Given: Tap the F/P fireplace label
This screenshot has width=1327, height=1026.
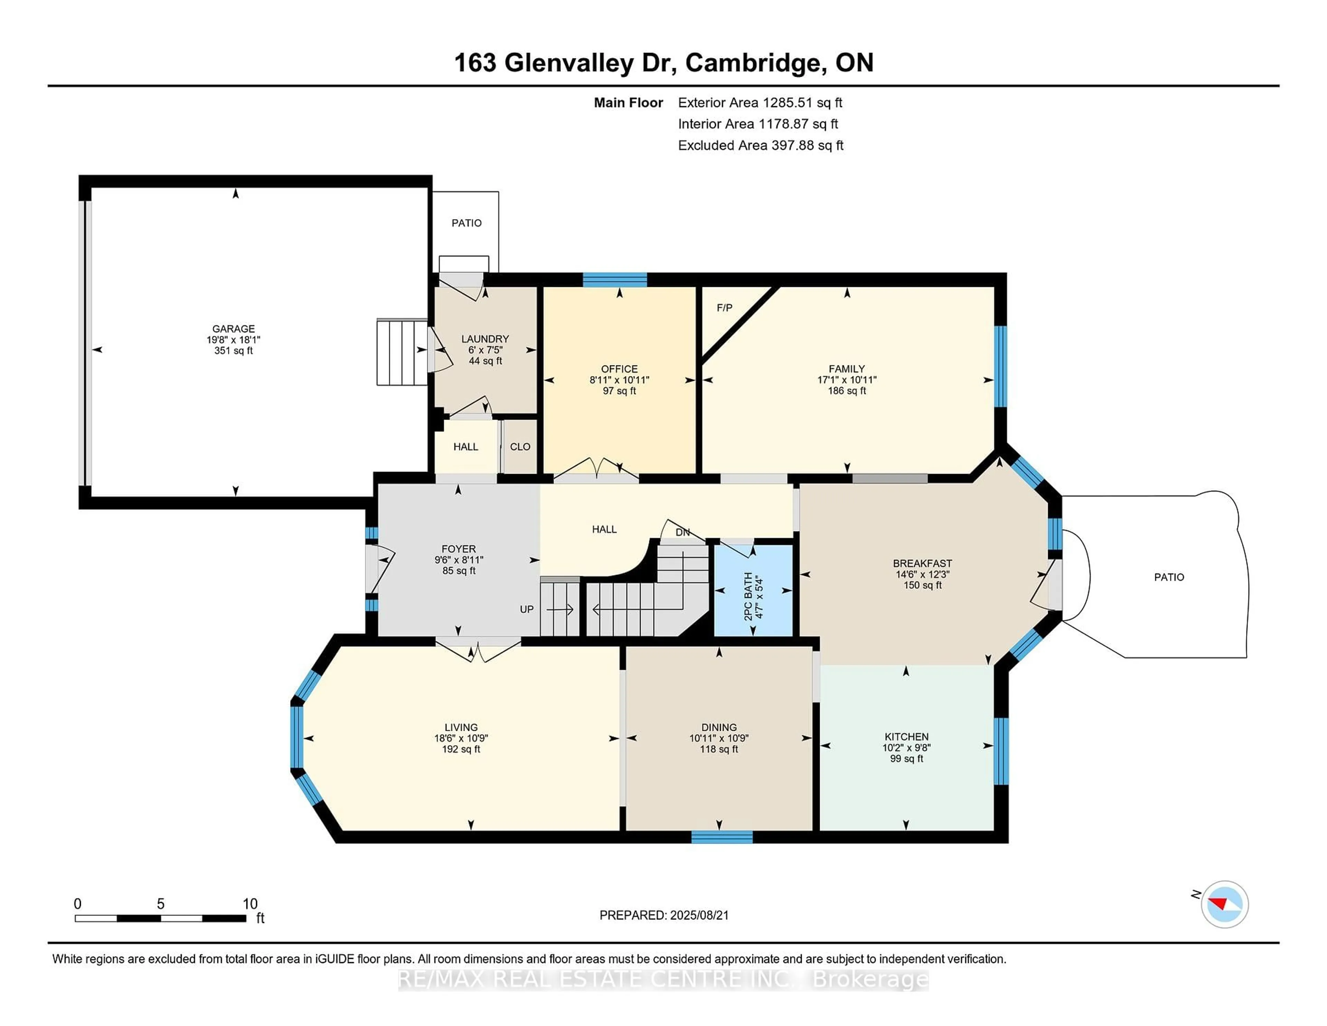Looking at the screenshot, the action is tap(724, 308).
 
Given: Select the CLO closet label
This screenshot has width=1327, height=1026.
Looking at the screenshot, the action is tap(520, 447).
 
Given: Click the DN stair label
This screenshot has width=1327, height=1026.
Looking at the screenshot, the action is tap(683, 532).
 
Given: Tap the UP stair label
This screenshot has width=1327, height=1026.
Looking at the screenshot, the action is tap(527, 609).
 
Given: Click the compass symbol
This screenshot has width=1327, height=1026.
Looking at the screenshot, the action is tap(1224, 904).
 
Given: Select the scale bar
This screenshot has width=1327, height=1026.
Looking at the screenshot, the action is tap(160, 918).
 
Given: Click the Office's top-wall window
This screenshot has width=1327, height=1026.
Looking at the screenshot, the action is tap(615, 280).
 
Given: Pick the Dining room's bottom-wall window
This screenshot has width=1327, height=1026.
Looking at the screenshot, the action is tap(722, 837).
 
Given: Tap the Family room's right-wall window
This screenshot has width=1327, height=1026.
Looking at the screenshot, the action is tap(1000, 366).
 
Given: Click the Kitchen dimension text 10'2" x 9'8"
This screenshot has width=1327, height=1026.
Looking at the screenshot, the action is tap(906, 748).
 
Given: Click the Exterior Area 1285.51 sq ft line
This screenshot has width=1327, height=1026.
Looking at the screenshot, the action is tap(760, 103).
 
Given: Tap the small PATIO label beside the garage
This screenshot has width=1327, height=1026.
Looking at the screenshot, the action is tap(467, 223).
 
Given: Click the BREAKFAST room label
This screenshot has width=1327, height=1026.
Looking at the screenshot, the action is tap(922, 563).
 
